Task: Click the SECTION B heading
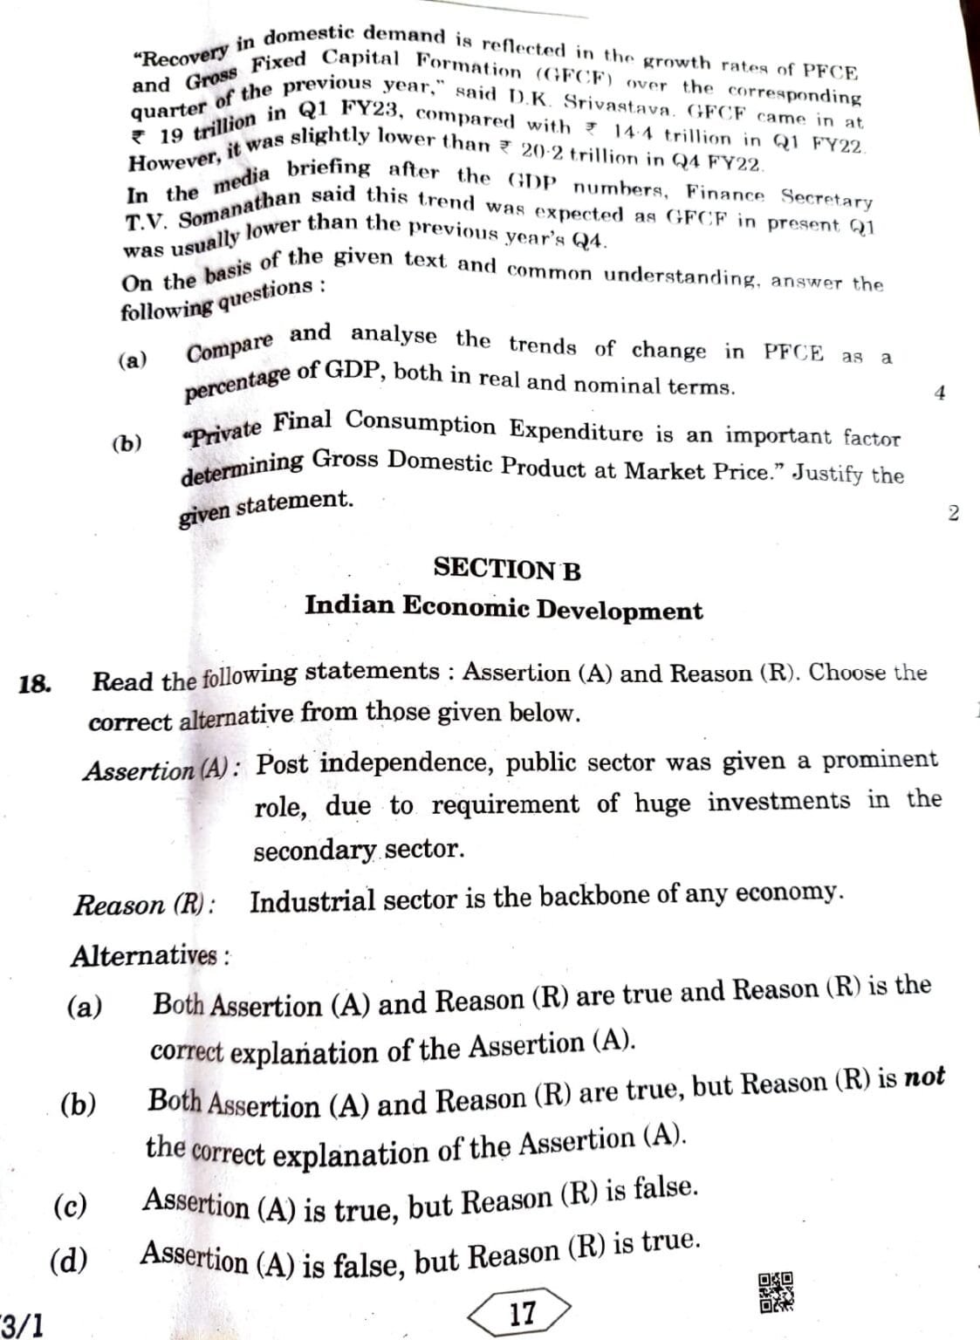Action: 506,570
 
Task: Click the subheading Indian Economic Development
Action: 503,608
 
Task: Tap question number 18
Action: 34,683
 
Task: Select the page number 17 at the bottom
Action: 521,1313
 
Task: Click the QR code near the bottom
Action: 775,1293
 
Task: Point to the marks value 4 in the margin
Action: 939,393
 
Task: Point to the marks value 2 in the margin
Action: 952,513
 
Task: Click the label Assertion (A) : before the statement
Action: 162,769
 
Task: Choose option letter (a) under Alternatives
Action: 85,1008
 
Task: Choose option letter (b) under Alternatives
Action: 79,1105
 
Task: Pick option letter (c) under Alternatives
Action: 70,1207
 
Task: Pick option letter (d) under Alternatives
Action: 69,1260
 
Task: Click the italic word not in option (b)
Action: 924,1078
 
